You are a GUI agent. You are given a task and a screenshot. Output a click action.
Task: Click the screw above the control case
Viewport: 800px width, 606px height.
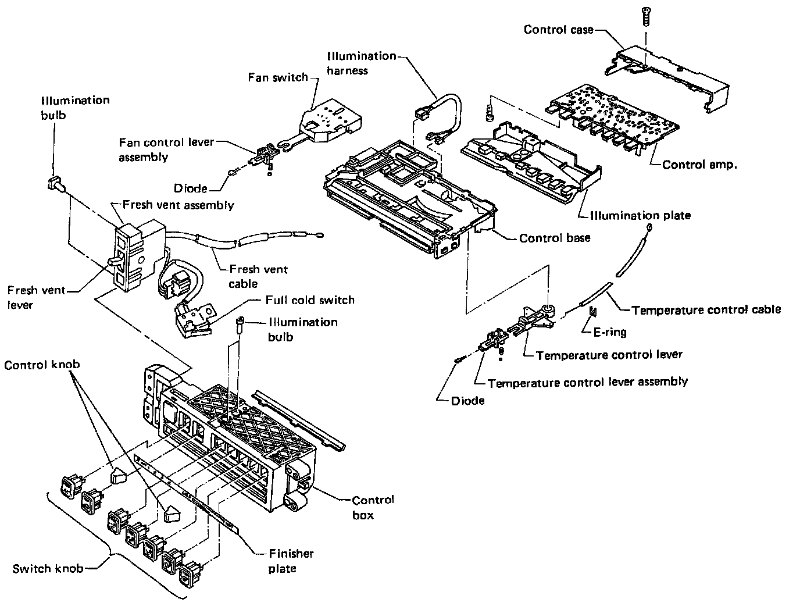645,16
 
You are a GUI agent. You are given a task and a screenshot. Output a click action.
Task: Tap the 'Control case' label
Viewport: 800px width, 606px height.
558,30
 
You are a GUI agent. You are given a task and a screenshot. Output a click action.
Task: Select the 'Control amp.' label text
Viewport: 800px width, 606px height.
699,165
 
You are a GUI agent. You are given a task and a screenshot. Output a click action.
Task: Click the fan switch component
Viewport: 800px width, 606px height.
330,120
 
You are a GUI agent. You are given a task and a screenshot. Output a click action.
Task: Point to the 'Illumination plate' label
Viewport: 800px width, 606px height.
640,215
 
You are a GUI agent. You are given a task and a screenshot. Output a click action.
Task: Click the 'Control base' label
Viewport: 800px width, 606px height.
554,238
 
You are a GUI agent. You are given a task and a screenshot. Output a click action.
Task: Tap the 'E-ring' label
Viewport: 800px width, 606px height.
610,332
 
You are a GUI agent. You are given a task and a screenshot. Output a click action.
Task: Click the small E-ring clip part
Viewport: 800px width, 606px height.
593,311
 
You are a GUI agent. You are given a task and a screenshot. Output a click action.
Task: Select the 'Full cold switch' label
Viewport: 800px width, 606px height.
310,300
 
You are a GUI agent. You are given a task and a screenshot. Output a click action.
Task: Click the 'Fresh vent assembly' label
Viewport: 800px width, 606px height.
178,205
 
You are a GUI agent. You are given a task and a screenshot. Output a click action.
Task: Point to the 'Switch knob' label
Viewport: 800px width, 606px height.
48,569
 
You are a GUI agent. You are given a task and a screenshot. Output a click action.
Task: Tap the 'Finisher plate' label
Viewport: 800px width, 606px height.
291,561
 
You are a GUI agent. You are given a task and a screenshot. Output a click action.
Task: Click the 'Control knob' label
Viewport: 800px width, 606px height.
42,365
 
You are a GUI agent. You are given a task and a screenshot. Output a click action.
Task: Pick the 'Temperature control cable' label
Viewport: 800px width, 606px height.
706,310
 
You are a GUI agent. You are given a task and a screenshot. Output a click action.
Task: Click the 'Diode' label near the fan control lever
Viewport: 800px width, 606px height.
190,188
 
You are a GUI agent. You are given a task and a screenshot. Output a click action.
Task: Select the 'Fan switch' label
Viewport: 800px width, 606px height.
278,77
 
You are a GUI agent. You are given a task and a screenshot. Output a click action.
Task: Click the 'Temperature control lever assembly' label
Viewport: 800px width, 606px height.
588,382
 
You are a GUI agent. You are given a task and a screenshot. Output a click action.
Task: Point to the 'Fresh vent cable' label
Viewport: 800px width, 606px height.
258,276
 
